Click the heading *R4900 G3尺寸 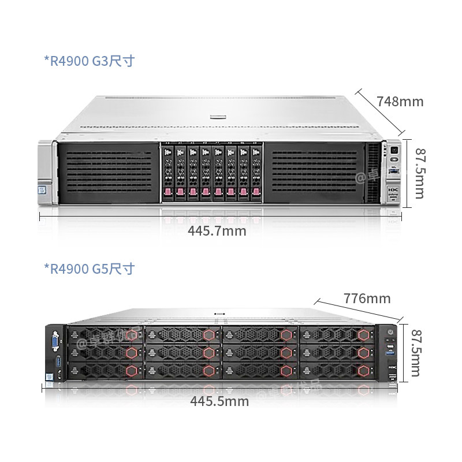pyautogui.click(x=89, y=61)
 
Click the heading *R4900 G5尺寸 pyautogui.click(x=89, y=269)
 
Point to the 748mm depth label pyautogui.click(x=400, y=102)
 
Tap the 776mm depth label pyautogui.click(x=367, y=299)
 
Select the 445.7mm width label pyautogui.click(x=217, y=231)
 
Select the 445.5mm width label pyautogui.click(x=219, y=401)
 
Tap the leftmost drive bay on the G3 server pyautogui.click(x=168, y=171)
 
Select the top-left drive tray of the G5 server pyautogui.click(x=106, y=335)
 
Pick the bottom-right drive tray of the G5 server pyautogui.click(x=336, y=370)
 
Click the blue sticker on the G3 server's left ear pyautogui.click(x=42, y=189)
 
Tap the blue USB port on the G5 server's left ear pyautogui.click(x=57, y=362)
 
